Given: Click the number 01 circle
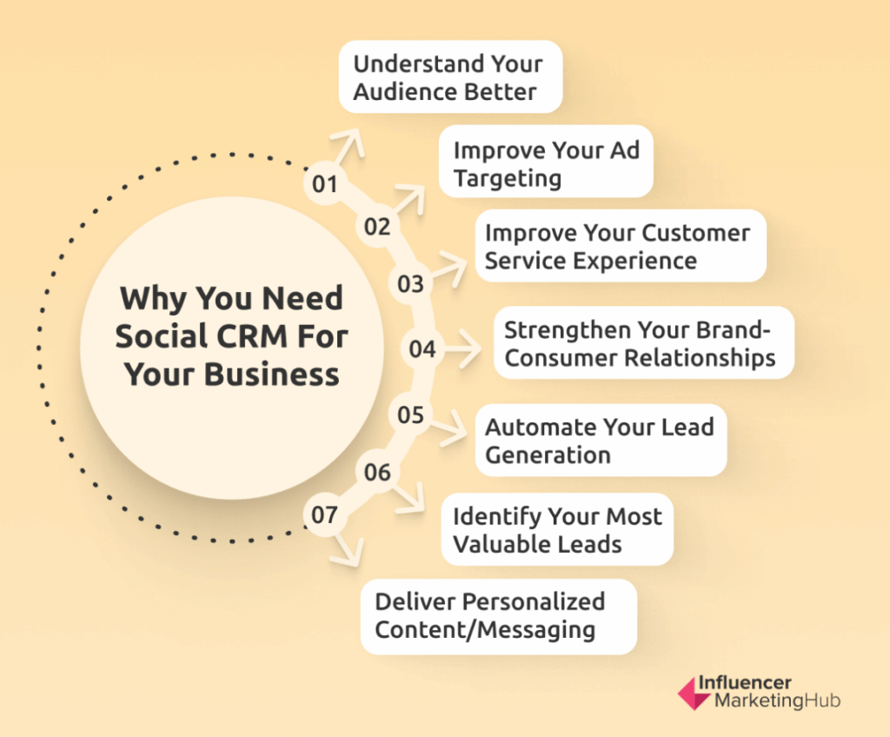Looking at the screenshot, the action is (325, 183).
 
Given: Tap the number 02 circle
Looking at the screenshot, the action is (377, 226).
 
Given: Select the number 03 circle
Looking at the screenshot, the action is (410, 283).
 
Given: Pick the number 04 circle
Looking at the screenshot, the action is (422, 349).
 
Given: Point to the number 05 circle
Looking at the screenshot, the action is (410, 415).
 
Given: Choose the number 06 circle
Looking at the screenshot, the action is (377, 472).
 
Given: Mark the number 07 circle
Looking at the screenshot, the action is (325, 515).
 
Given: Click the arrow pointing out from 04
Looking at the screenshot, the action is (462, 349).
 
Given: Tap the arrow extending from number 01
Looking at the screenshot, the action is (348, 148).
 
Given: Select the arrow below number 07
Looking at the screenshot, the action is (346, 549).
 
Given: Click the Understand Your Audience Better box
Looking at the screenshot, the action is (451, 76).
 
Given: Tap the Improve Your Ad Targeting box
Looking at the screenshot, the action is (546, 162).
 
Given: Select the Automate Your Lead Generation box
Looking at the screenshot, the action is (601, 440).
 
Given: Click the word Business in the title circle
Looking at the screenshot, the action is (271, 375).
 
